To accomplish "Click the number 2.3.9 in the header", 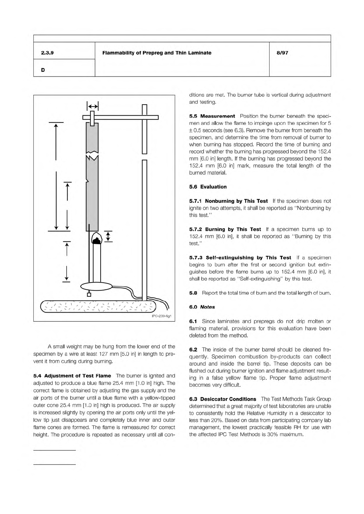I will [47, 53].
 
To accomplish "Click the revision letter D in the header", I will [43, 70].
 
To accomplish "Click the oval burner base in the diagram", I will [96, 287].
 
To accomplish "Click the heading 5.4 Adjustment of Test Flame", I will [72, 376].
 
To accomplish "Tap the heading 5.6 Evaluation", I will [208, 187].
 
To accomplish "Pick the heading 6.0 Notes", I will [202, 307].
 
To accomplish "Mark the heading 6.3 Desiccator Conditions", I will [222, 399].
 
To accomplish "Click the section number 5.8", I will [193, 293].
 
